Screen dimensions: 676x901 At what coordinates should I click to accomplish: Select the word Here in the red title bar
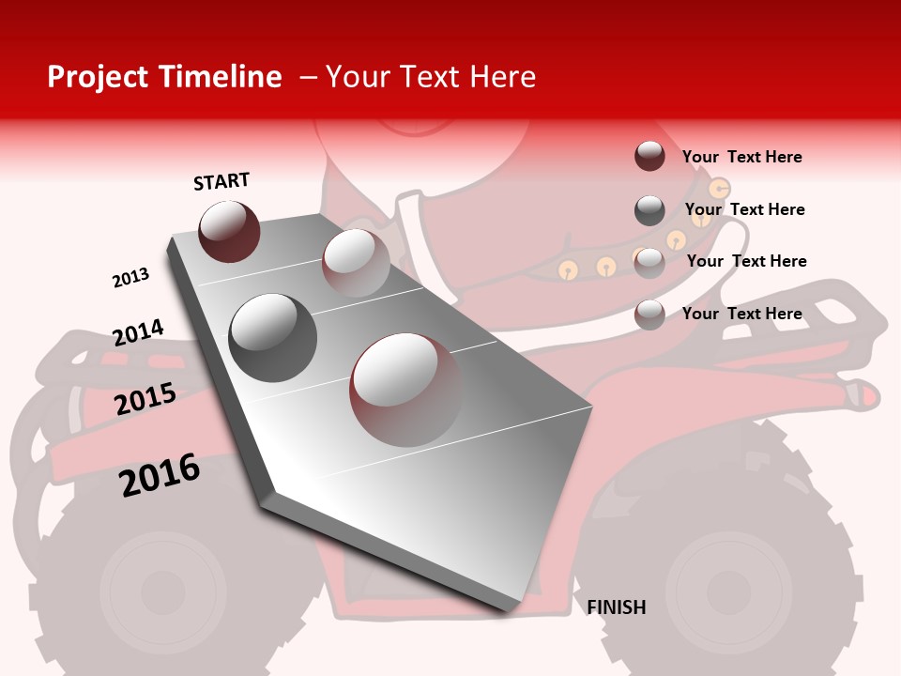coord(502,77)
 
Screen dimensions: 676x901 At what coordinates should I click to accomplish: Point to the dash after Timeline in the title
coord(308,78)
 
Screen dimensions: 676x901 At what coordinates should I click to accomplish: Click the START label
coord(221,181)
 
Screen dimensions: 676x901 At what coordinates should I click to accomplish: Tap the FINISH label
coord(616,607)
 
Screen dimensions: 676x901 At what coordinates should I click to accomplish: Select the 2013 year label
coord(130,278)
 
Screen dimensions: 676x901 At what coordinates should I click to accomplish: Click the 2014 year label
coord(138,332)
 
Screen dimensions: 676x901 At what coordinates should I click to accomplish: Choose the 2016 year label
coord(160,474)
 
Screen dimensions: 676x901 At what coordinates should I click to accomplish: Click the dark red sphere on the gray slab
coord(229,231)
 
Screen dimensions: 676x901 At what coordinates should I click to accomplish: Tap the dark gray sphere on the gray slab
coord(272,337)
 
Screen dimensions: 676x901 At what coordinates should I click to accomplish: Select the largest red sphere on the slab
coord(405,389)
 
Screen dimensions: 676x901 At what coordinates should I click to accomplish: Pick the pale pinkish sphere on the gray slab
coord(356,262)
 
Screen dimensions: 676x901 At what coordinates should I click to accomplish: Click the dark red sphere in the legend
coord(649,156)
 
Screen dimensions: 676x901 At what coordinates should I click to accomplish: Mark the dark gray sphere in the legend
coord(649,210)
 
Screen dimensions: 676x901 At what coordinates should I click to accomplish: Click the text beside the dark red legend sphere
coord(741,157)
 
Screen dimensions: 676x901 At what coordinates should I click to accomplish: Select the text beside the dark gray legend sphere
coord(744,209)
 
